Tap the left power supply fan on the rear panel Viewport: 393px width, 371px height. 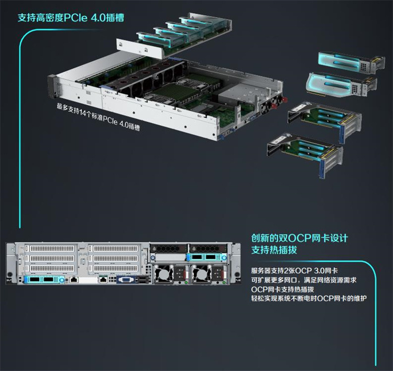pos(163,274)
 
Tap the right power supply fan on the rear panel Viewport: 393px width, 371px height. pos(201,274)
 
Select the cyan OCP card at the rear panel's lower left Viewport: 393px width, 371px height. pos(44,279)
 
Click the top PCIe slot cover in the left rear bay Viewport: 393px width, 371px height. pos(50,248)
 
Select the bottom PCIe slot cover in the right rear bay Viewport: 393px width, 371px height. pos(114,268)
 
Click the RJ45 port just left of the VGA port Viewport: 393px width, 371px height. pos(103,279)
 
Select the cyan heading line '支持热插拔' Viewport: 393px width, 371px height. pos(274,250)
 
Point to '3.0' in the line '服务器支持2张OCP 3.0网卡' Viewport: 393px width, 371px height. pos(319,271)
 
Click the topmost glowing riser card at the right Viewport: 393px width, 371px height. pos(352,63)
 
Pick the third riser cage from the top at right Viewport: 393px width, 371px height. pos(324,121)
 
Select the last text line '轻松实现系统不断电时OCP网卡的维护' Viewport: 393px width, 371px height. pos(309,299)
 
